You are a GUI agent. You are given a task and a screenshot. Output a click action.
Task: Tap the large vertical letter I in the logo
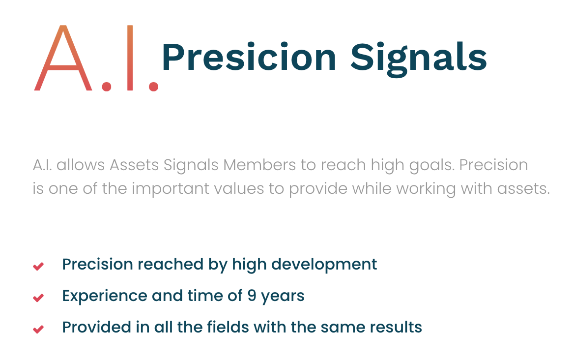click(x=130, y=58)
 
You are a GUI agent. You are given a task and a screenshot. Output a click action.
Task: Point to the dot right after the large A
click(x=106, y=87)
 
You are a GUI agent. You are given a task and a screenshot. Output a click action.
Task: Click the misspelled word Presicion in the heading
click(x=249, y=57)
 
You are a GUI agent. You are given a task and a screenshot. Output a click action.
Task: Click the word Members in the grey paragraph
click(x=259, y=165)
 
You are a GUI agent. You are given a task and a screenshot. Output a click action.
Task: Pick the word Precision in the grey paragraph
click(x=493, y=165)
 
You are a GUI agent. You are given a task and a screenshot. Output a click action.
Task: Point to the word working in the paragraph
click(x=426, y=189)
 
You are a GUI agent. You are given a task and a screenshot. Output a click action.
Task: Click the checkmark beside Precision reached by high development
click(x=38, y=266)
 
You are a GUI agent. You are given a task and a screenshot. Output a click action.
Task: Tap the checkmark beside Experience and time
click(x=38, y=298)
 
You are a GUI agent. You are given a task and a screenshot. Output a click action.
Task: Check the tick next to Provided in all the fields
click(x=38, y=329)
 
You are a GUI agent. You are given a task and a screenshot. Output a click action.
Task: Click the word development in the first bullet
click(x=324, y=265)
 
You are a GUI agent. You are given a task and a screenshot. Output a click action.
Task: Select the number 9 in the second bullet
click(x=252, y=296)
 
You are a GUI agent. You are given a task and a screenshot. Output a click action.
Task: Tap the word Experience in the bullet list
click(x=105, y=297)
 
